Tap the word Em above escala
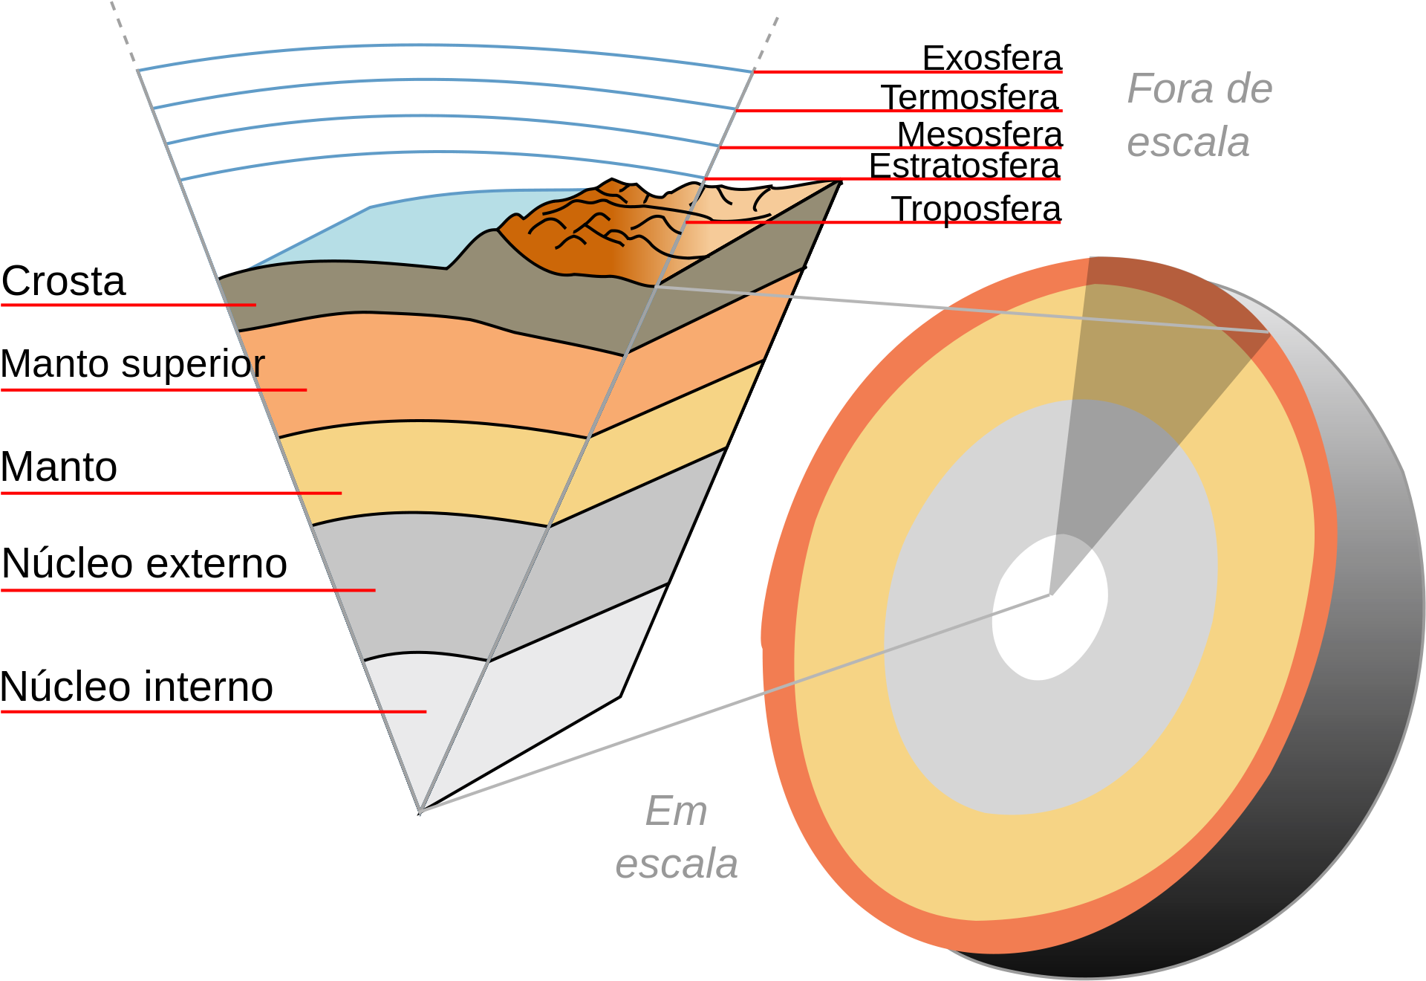[x=676, y=811]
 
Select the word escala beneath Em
[x=676, y=864]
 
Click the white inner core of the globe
[x=1049, y=608]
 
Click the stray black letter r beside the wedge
[x=258, y=364]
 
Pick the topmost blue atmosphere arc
[x=446, y=46]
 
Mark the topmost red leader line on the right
[x=906, y=72]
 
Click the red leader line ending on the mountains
[x=817, y=222]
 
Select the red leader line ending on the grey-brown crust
[x=126, y=305]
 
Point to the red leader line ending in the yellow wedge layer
[x=171, y=493]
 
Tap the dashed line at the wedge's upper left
[x=123, y=30]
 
